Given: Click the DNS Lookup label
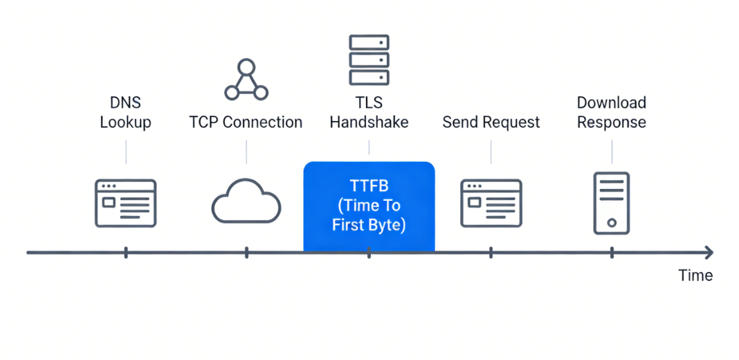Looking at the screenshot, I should pyautogui.click(x=125, y=113).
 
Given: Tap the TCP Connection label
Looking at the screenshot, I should pyautogui.click(x=246, y=123).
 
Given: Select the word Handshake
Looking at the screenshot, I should pyautogui.click(x=369, y=123).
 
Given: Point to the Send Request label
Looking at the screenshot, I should pyautogui.click(x=491, y=123).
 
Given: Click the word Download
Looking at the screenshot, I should pyautogui.click(x=611, y=103).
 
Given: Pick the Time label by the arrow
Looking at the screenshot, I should pyautogui.click(x=695, y=276).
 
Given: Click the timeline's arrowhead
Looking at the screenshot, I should pyautogui.click(x=708, y=252).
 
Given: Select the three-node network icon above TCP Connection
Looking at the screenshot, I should pyautogui.click(x=246, y=80).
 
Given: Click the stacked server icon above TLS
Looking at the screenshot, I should pyautogui.click(x=369, y=59).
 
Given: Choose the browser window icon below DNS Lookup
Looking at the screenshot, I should pyautogui.click(x=125, y=203).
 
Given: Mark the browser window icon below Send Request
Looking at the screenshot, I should pyautogui.click(x=491, y=203).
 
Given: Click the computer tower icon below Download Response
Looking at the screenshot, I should pyautogui.click(x=612, y=203).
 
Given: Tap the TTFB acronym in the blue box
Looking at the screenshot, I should pyautogui.click(x=368, y=186).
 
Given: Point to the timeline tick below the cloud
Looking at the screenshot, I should pyautogui.click(x=246, y=252).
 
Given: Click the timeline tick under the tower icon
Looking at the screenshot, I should pyautogui.click(x=612, y=252).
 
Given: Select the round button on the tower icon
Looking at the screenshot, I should pyautogui.click(x=612, y=223).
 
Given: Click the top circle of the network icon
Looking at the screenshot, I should pyautogui.click(x=246, y=68).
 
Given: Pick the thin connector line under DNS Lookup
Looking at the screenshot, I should pyautogui.click(x=126, y=152).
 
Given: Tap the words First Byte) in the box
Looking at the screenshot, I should pyautogui.click(x=368, y=225).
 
